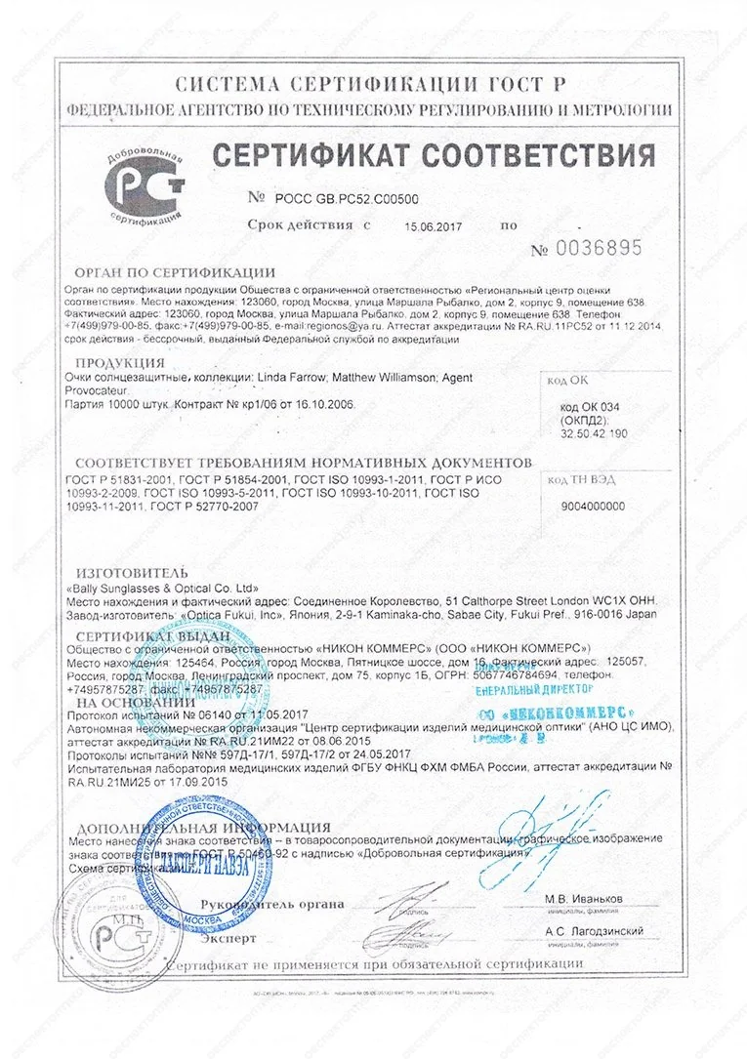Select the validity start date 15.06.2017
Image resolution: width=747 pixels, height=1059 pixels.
431,225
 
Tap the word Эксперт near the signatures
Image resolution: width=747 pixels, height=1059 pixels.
229,938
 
